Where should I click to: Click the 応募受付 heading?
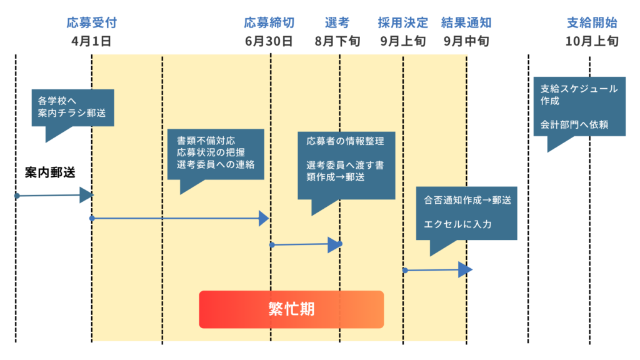click(x=92, y=23)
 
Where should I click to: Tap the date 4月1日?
click(x=91, y=42)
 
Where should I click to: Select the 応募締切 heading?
click(x=269, y=23)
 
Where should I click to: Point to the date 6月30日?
click(x=269, y=42)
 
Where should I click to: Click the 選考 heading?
click(x=337, y=23)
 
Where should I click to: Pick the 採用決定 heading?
click(x=403, y=23)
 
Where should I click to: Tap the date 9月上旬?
click(x=403, y=42)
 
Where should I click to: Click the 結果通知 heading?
click(x=466, y=23)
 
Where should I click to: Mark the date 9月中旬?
click(x=466, y=42)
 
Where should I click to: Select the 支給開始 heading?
click(x=592, y=23)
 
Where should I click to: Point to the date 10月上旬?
click(x=592, y=42)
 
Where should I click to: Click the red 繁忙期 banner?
click(x=291, y=309)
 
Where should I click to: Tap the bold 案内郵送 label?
click(x=50, y=173)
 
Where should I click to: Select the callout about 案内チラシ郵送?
click(x=72, y=108)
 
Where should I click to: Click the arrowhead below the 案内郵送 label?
click(x=86, y=196)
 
